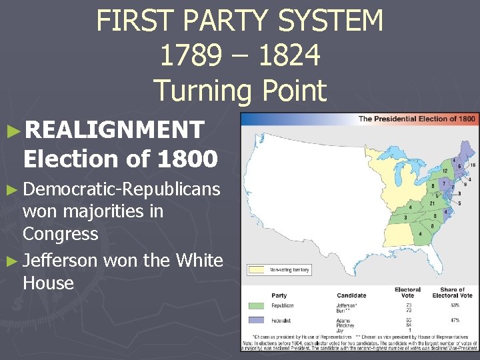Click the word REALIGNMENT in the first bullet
[113, 129]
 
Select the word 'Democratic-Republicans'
[121, 189]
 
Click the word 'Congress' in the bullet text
[60, 234]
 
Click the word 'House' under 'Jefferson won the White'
[48, 283]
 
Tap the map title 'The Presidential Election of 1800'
[417, 119]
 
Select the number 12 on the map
[445, 171]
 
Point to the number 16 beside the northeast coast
[473, 165]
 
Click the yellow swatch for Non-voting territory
[257, 270]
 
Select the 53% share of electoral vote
[455, 305]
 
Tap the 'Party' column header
[279, 295]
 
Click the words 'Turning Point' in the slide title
[240, 90]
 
